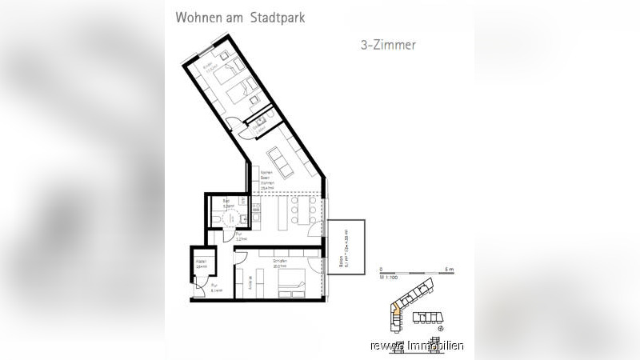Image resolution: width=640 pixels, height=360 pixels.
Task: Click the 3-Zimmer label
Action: [x=388, y=46]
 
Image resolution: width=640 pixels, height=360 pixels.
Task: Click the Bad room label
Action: [x=227, y=203]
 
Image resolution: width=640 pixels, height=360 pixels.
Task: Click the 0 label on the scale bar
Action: [x=382, y=270]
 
